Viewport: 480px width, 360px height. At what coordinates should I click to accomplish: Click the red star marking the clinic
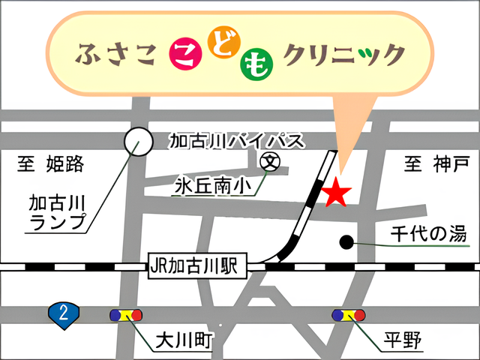[x=335, y=193]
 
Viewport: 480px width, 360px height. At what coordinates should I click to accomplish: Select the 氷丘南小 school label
[x=208, y=183]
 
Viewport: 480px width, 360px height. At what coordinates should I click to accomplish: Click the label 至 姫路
[x=50, y=164]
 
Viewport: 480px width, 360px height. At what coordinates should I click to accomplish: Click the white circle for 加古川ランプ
[x=137, y=140]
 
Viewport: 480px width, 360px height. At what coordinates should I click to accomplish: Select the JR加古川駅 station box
[x=193, y=265]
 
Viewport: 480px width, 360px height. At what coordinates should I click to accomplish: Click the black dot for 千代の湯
[x=346, y=241]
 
